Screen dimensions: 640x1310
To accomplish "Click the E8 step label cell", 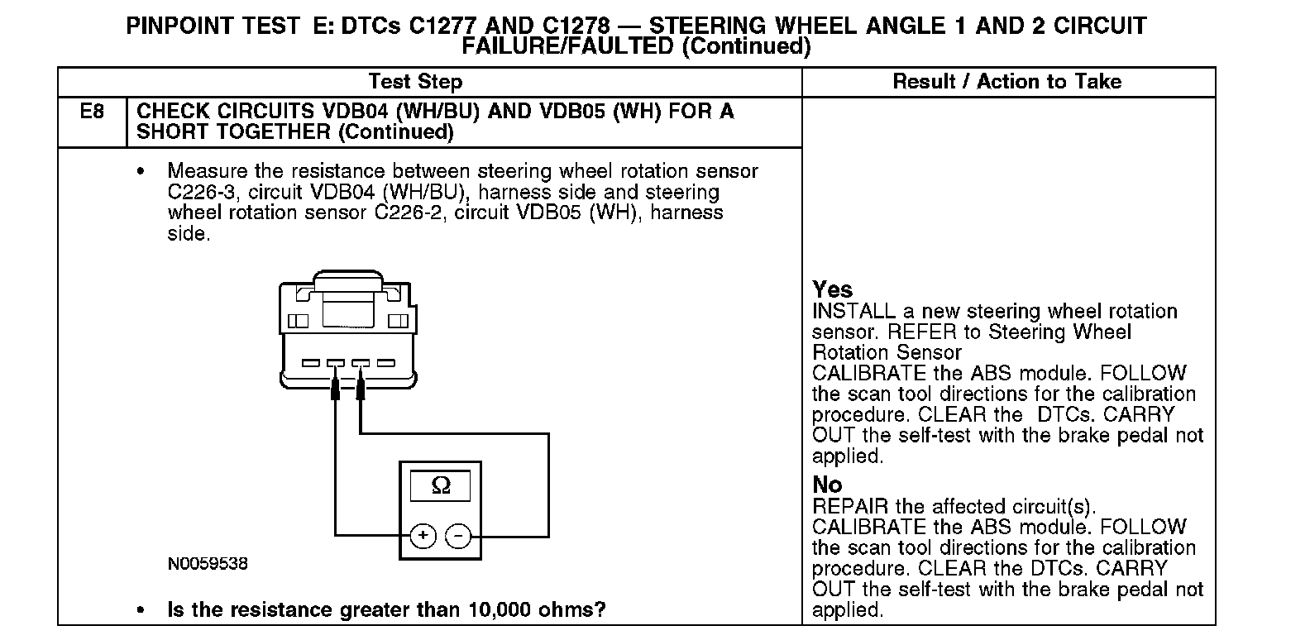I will pos(92,111).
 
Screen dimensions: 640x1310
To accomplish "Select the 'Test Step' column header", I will pos(415,82).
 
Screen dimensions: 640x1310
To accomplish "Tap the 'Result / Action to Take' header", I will pos(1006,82).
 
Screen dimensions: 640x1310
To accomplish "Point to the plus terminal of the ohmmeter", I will pos(423,536).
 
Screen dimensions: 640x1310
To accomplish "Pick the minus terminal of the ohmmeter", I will pos(458,536).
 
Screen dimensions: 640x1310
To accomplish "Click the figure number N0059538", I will pos(208,564).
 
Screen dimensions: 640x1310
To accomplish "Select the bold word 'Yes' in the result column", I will pos(832,289).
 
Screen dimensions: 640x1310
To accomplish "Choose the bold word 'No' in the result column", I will pos(827,485).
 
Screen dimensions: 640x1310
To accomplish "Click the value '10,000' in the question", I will pos(499,610).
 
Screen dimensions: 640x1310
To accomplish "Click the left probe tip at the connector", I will pos(336,389).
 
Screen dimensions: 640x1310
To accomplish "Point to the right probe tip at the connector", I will pos(361,389).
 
